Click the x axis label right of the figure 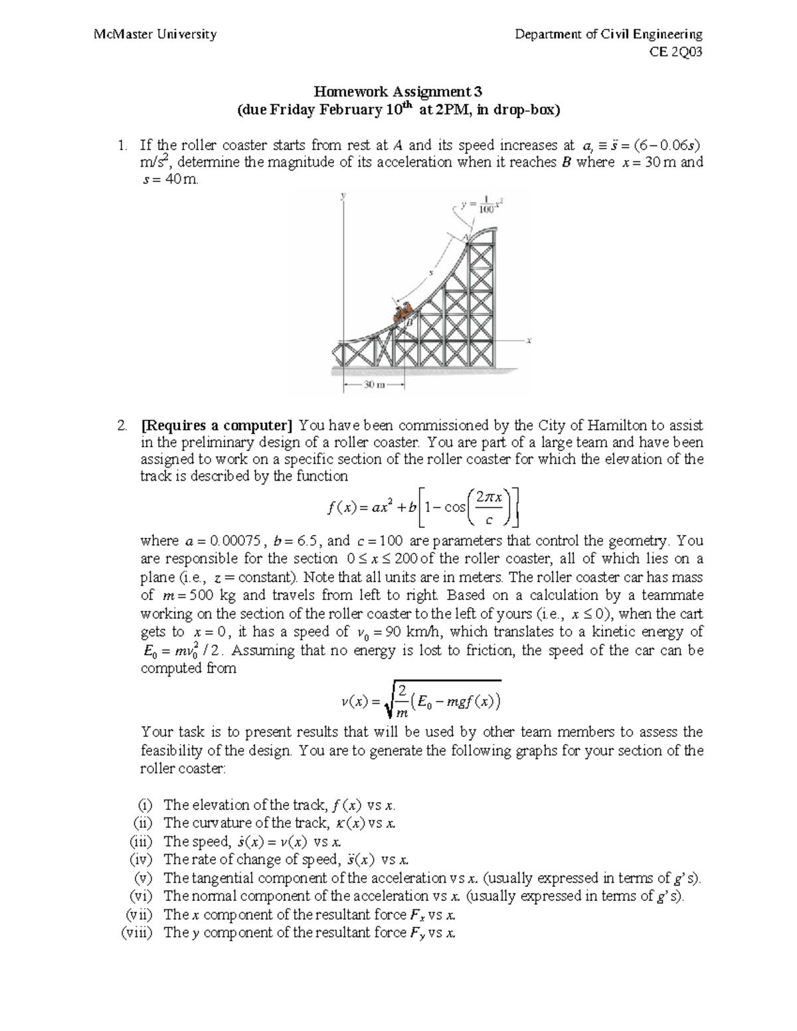(529, 341)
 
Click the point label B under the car (410, 322)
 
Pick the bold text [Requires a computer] (217, 425)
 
